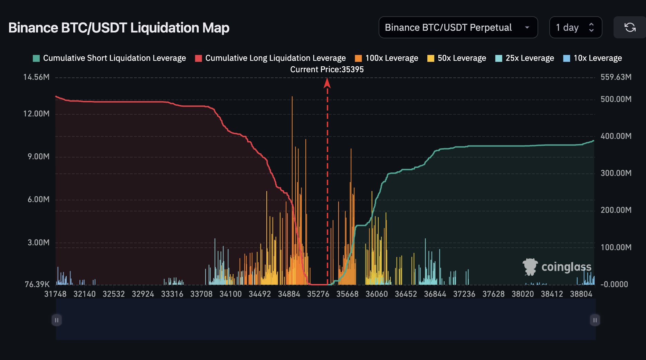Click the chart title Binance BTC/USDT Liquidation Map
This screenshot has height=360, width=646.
[119, 28]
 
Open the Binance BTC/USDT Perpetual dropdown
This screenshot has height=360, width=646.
[458, 28]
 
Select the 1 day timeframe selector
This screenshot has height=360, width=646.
[575, 28]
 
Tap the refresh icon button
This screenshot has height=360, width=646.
[630, 28]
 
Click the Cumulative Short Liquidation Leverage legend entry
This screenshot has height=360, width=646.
[109, 58]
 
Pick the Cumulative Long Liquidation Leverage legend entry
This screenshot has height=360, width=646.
[270, 58]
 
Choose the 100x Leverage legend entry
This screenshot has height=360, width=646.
[387, 58]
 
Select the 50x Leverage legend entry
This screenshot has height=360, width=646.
[457, 58]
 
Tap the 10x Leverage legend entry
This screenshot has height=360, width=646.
[592, 58]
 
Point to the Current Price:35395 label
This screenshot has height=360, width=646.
[327, 69]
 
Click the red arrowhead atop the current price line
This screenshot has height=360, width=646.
[327, 83]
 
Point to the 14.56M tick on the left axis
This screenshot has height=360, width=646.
[36, 77]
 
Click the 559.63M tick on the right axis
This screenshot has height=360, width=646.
[616, 77]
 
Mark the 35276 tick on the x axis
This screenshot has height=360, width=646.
[318, 294]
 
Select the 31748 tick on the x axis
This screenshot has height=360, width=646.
[55, 294]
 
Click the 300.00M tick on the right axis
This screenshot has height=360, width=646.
[616, 173]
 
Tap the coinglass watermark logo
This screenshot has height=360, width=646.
[557, 267]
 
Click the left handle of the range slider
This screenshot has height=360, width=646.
[57, 320]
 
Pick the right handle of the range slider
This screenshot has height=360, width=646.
[595, 320]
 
